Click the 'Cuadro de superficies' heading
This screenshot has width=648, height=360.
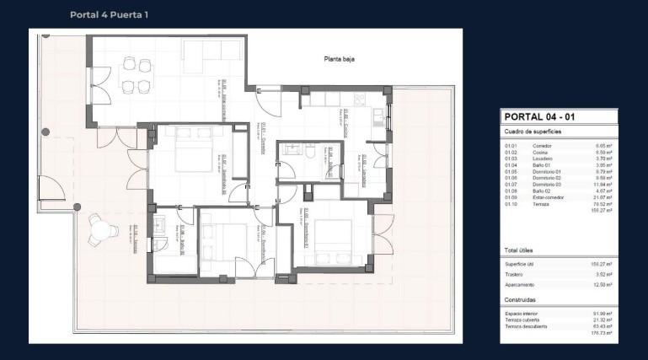point(533,132)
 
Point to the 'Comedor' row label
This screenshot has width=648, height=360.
point(542,146)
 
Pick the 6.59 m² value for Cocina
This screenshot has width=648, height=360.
point(603,152)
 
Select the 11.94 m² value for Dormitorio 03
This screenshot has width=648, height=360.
point(602,184)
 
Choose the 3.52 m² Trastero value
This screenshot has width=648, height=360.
point(603,274)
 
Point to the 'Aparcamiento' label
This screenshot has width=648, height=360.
point(520,284)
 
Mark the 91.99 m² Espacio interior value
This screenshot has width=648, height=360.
point(602,314)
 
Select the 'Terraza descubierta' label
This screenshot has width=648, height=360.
point(527,326)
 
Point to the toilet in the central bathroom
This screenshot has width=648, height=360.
point(309,153)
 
